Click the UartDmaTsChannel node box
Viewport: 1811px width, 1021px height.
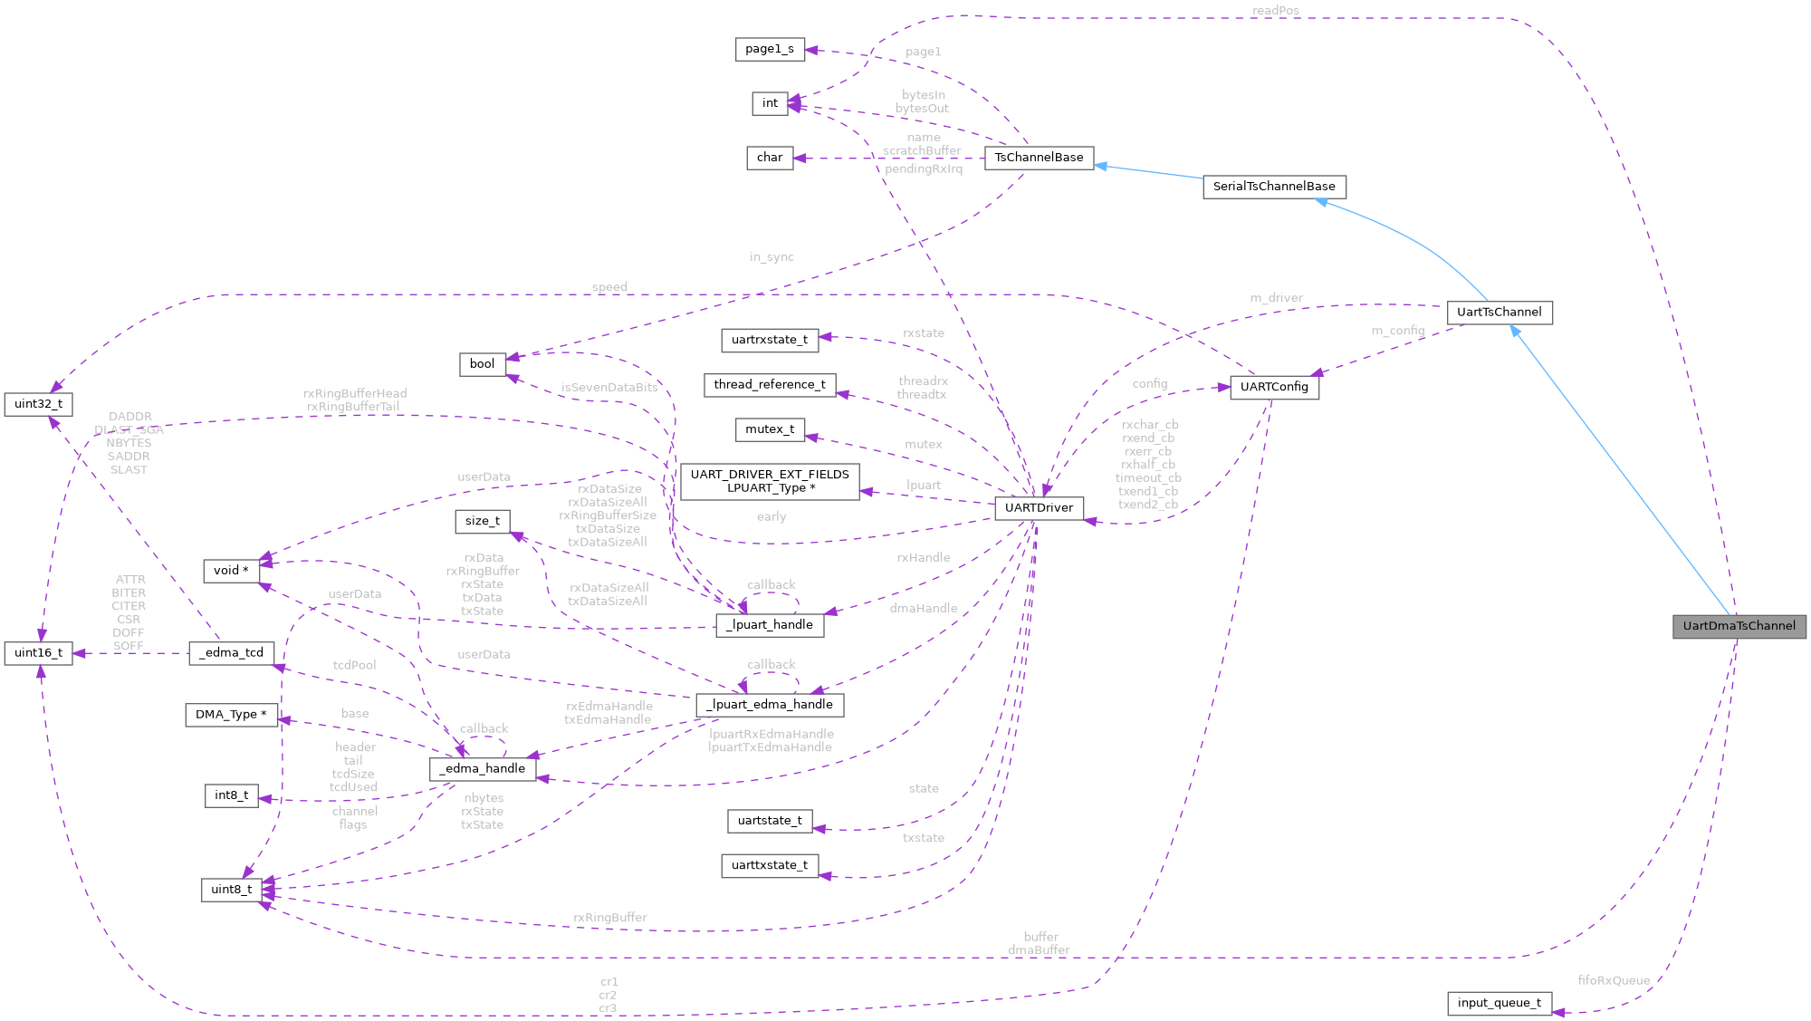1739,626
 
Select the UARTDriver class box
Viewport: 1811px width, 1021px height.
1039,508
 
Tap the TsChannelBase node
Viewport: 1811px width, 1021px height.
1039,158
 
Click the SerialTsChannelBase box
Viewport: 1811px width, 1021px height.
1273,187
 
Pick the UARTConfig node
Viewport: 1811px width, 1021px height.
1273,387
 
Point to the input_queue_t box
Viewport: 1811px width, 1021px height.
1499,1003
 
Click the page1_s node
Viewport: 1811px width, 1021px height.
769,49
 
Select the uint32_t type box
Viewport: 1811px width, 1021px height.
38,404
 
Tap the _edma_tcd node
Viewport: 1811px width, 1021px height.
231,653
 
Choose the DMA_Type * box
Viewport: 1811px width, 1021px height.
231,715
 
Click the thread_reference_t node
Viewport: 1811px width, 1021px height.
769,385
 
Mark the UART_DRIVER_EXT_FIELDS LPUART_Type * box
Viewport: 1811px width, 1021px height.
770,481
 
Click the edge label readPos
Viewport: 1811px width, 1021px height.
1275,11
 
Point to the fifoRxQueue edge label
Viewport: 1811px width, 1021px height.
1613,980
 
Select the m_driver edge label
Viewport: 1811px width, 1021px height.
1276,298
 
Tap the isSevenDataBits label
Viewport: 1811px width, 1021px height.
609,388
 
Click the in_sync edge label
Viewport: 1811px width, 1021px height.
771,257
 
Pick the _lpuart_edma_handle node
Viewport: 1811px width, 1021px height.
770,705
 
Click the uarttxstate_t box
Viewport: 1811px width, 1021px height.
769,865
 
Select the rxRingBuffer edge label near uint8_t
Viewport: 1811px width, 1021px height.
609,918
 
